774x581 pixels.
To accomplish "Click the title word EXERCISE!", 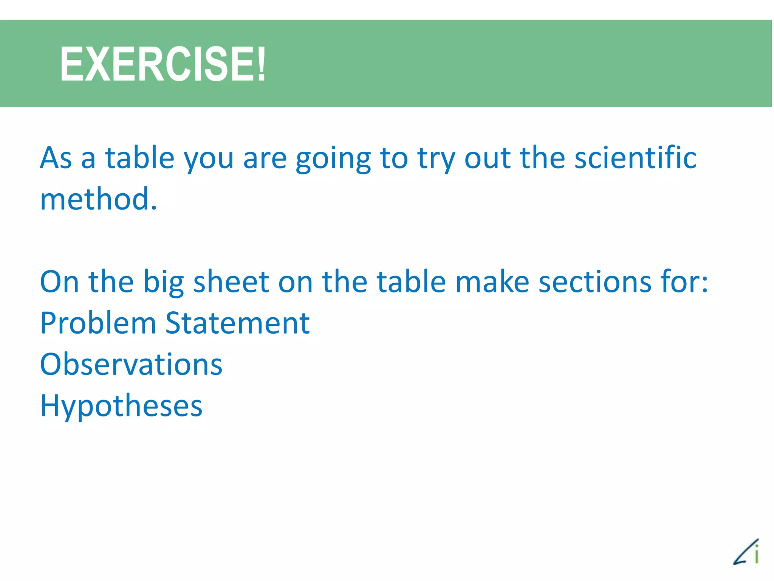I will tap(163, 64).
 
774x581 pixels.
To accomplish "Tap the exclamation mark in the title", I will tap(260, 64).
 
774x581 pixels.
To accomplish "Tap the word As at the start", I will tap(56, 158).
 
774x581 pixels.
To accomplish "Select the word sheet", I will tap(231, 282).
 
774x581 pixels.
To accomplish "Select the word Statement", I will tap(237, 323).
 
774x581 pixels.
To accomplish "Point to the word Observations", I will tap(131, 364).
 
